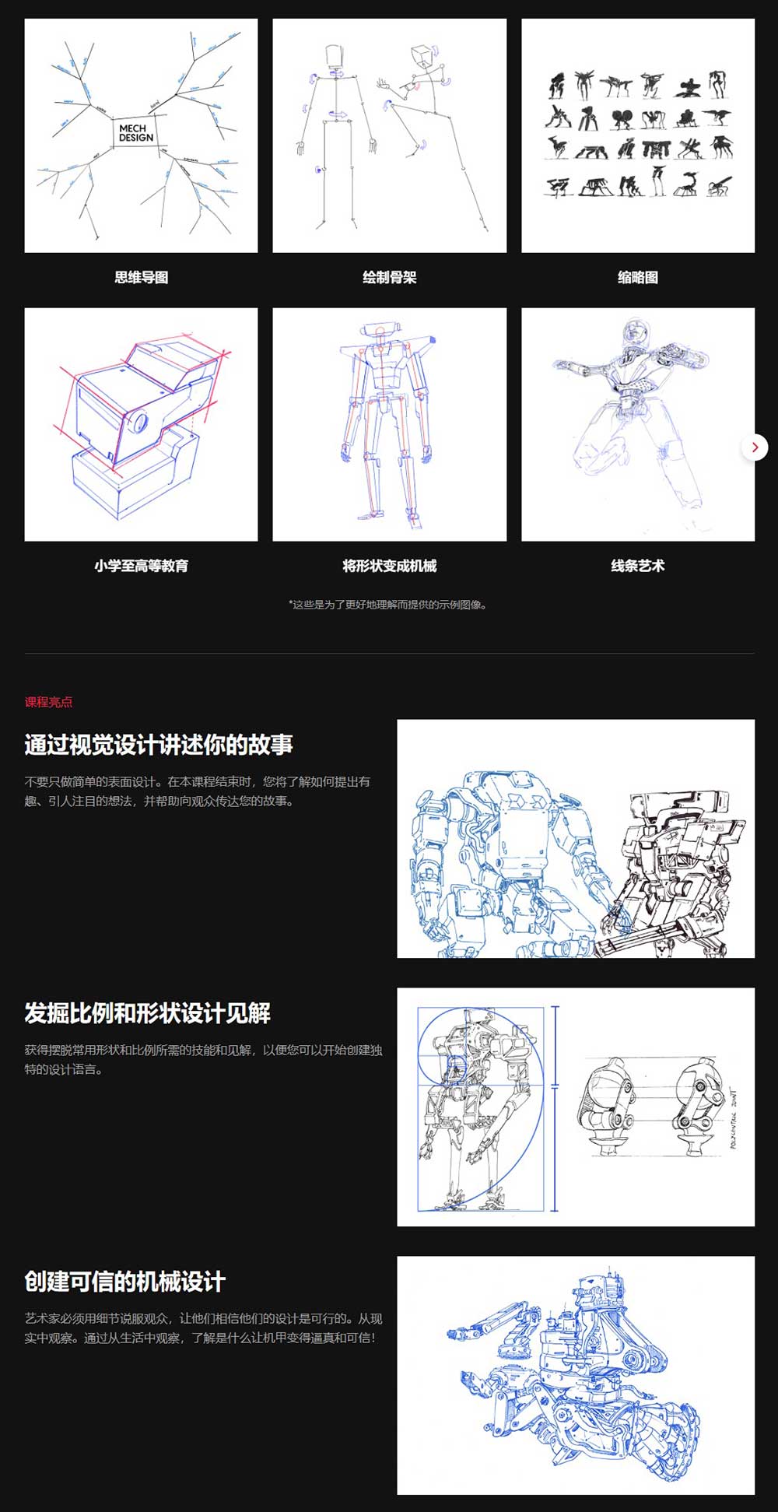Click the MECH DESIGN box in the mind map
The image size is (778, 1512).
[x=136, y=133]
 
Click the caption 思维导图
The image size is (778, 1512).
[x=141, y=278]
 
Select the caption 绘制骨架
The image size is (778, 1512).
[x=389, y=278]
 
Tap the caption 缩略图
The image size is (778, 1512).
[x=637, y=278]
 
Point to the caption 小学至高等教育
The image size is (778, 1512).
[x=141, y=567]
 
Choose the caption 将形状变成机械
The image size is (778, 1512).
[x=389, y=567]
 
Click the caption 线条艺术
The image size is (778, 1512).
[x=637, y=567]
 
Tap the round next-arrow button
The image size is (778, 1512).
[x=754, y=447]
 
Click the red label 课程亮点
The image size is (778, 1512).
[x=48, y=702]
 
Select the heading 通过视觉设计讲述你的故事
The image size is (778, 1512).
[x=159, y=745]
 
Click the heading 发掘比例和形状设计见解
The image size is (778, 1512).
[x=147, y=1013]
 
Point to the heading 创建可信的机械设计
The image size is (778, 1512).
[x=124, y=1282]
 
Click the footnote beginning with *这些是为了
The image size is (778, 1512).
[x=388, y=605]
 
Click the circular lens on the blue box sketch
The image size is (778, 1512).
[x=138, y=423]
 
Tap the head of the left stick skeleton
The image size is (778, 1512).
[x=334, y=57]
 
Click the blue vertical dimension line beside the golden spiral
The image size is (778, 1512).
[x=555, y=1109]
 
